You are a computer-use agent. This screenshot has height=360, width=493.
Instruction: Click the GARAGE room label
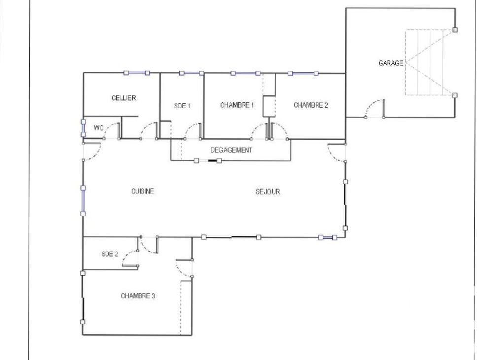391,63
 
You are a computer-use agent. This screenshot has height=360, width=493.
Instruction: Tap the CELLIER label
124,98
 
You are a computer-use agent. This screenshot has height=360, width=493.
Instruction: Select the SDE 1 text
182,106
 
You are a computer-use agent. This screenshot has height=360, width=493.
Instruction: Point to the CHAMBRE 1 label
237,105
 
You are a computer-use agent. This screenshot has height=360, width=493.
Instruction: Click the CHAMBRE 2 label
311,105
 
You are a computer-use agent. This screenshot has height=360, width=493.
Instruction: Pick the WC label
99,128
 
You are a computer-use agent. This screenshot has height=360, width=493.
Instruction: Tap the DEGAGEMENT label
231,150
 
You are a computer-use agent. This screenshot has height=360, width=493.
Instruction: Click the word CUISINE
142,191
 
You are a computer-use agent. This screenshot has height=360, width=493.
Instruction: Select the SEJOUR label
268,191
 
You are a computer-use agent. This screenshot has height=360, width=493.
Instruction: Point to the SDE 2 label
110,254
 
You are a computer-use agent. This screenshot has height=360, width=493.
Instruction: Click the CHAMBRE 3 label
138,296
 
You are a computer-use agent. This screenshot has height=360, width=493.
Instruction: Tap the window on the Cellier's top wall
137,73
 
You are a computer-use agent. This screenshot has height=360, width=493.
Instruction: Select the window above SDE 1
191,73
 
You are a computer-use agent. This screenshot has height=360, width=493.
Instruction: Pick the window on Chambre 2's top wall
303,73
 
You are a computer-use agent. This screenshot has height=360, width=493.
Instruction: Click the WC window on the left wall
83,128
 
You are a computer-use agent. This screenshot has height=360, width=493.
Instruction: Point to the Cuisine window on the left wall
83,201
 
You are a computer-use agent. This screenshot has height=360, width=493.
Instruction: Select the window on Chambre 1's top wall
246,73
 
